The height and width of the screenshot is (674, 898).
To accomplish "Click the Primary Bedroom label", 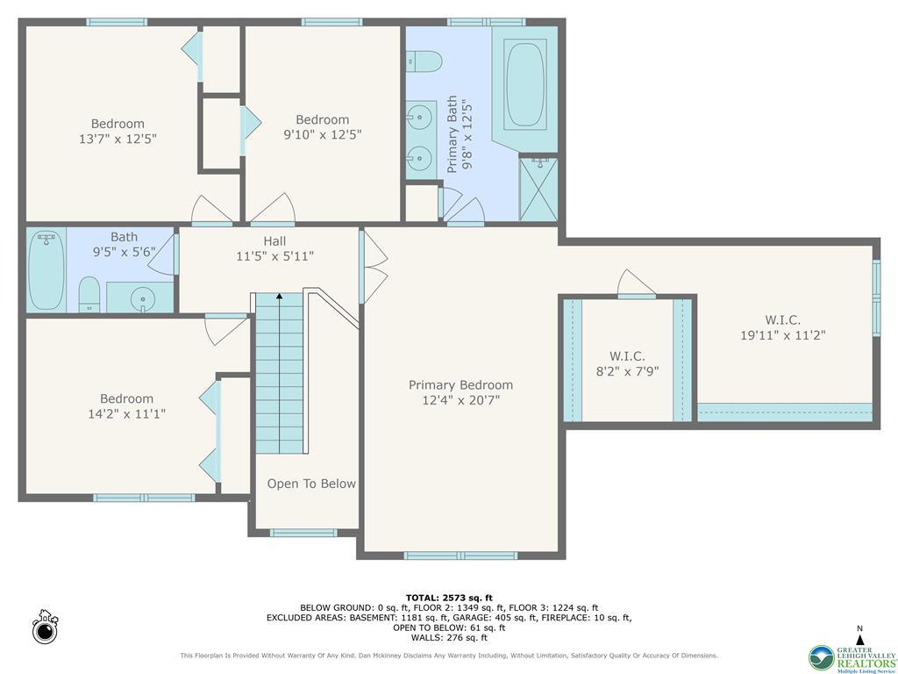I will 460,385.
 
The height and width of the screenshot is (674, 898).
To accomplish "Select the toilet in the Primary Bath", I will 424,61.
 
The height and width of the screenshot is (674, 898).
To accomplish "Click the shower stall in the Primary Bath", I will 538,189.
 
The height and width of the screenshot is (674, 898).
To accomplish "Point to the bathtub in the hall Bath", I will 45,270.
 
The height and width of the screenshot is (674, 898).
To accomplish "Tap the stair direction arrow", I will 280,298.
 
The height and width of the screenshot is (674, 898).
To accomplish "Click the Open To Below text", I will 311,484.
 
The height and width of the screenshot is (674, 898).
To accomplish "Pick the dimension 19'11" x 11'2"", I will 783,334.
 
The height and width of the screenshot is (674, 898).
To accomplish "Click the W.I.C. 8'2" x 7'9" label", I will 627,363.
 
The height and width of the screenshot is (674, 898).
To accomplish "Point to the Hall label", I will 274,241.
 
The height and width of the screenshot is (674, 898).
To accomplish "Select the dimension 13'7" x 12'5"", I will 118,139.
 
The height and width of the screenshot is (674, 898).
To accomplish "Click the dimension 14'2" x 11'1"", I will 126,413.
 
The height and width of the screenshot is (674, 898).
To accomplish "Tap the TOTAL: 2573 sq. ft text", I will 449,598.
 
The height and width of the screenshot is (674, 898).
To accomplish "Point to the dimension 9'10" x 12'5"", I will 322,134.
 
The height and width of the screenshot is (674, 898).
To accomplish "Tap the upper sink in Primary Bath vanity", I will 422,116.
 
